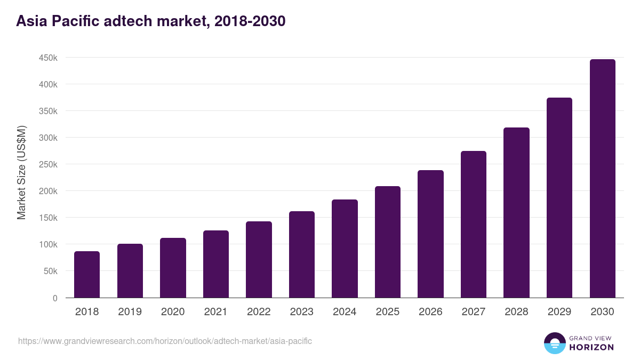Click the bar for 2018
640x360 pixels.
(x=87, y=275)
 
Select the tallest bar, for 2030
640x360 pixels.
(x=602, y=179)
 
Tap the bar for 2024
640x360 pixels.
(x=345, y=249)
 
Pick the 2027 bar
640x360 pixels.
(x=474, y=225)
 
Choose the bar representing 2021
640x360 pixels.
(x=216, y=264)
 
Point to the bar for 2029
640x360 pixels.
(x=559, y=198)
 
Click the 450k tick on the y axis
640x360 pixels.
(x=48, y=58)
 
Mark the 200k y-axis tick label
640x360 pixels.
(x=48, y=191)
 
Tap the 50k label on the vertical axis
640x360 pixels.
(x=50, y=271)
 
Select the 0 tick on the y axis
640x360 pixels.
(x=55, y=298)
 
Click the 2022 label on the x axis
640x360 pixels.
(x=259, y=312)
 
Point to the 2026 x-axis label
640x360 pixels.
(x=430, y=312)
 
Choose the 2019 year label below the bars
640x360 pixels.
(x=130, y=312)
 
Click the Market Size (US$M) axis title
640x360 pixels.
(x=21, y=172)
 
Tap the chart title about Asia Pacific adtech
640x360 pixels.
(x=151, y=21)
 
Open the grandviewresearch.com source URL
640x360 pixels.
(x=165, y=341)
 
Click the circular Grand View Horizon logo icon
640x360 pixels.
(x=554, y=343)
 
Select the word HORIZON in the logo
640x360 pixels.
(x=591, y=347)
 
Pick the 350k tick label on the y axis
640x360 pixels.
(x=48, y=111)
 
